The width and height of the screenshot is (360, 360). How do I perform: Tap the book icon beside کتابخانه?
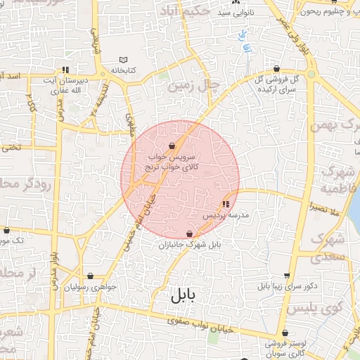pos(124,60)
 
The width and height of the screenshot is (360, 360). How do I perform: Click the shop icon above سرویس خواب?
pos(172,146)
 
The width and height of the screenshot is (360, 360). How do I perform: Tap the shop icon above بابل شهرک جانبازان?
pos(189,233)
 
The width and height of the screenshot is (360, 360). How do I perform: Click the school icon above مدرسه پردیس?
pos(225,205)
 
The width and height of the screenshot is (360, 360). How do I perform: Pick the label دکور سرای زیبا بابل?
pos(288,287)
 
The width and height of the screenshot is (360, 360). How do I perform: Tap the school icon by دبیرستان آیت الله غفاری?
pos(65,70)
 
